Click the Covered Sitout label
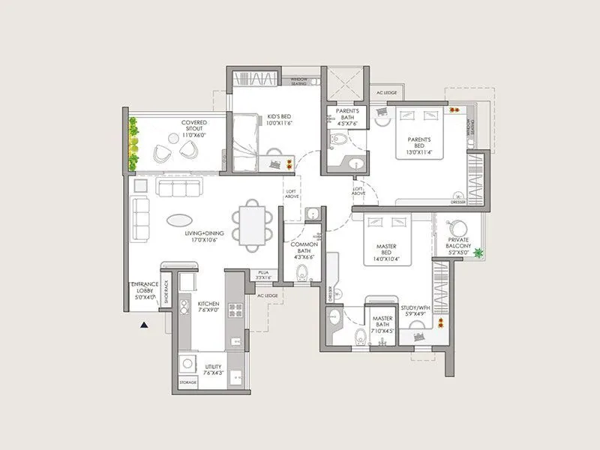coord(193,126)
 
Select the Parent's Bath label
coord(346,118)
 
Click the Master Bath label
coord(383,325)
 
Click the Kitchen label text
coord(208,307)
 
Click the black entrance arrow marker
coord(142,325)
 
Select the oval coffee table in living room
coord(178,221)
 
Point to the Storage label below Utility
coord(187,383)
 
